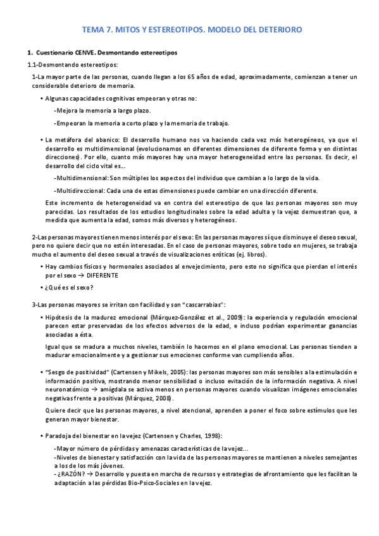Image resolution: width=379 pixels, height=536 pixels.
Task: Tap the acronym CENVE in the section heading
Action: (77, 52)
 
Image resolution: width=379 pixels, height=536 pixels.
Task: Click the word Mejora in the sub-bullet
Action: (66, 111)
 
